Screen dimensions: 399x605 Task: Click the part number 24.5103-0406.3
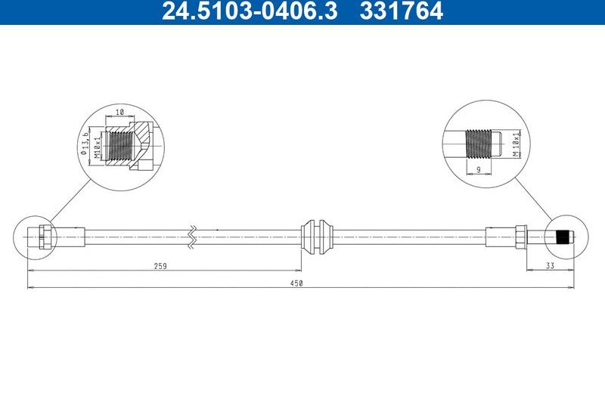point(248,11)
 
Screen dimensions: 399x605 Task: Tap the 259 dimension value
point(160,266)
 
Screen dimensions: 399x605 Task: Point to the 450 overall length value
point(297,283)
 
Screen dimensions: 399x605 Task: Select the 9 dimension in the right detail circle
point(478,170)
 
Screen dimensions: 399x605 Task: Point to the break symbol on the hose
point(193,235)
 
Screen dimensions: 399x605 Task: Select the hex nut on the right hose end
point(521,236)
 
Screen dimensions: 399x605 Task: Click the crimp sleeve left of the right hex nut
point(500,236)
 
